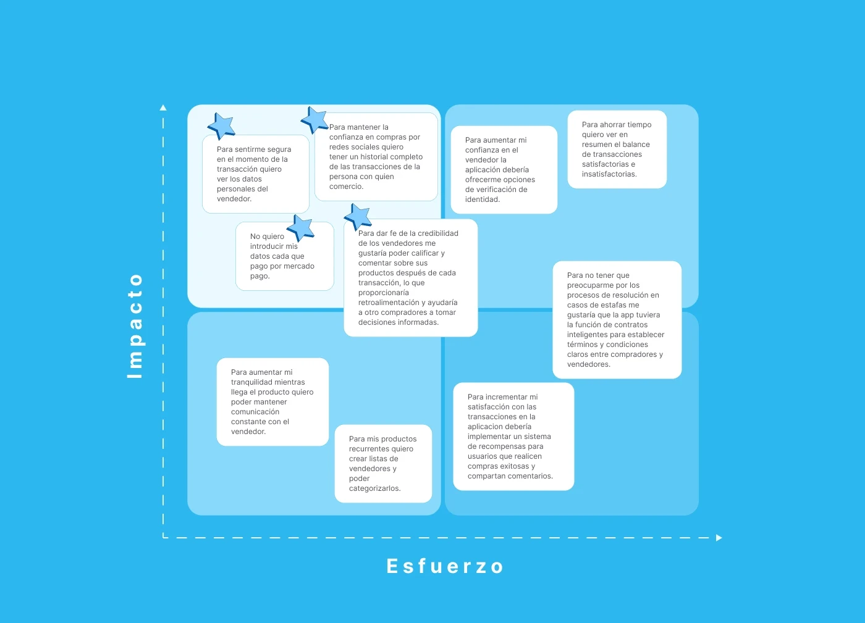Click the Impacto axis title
[135, 325]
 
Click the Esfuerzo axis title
[445, 566]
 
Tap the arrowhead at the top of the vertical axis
[163, 107]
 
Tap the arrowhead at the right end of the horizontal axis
[719, 538]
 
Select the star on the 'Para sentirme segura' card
[221, 125]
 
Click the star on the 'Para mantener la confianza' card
[314, 120]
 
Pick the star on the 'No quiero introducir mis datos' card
[301, 227]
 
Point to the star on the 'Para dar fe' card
[358, 217]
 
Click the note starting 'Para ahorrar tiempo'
[617, 149]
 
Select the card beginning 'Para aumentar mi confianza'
[504, 170]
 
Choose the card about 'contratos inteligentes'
[617, 320]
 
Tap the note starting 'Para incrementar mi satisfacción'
[513, 437]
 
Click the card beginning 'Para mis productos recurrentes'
[383, 464]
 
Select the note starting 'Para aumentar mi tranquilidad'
[272, 402]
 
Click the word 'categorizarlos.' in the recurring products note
[374, 488]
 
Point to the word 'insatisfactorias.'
[609, 174]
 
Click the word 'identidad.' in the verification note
[482, 199]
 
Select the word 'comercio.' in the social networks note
[346, 186]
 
